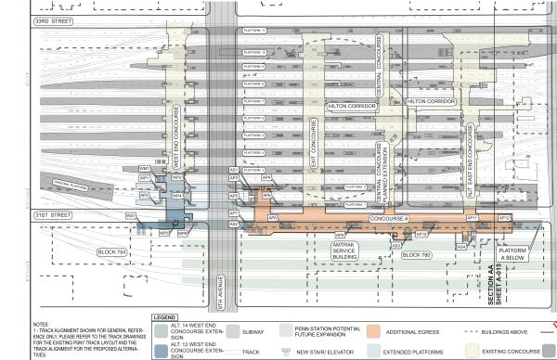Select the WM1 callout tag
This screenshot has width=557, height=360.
[144, 168]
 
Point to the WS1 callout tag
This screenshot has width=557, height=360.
[131, 215]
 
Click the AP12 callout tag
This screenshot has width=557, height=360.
[504, 218]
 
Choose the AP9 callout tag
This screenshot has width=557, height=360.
[341, 236]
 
